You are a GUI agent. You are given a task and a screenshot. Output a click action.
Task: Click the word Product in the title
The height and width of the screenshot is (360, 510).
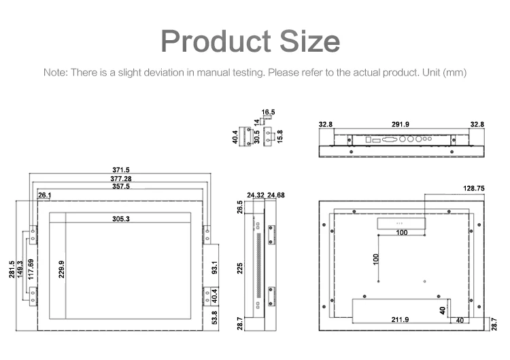tap(216, 41)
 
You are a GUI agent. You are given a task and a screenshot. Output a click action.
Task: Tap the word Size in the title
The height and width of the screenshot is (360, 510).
tap(310, 41)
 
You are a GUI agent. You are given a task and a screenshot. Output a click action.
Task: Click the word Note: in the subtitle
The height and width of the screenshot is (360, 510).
tap(56, 72)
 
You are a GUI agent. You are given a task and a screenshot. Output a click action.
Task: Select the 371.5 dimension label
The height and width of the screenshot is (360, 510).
tap(121, 170)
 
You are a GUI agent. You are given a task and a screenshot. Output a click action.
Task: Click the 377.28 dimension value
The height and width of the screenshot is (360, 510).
tap(121, 179)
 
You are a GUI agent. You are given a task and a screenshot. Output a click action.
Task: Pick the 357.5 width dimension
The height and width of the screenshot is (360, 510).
tap(121, 186)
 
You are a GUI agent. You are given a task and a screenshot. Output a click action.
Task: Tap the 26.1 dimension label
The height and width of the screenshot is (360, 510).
tap(45, 195)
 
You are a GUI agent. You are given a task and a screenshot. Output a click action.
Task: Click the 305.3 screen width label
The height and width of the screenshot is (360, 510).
tap(121, 218)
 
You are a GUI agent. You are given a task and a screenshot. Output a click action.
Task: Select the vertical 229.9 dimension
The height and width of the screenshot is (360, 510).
tap(61, 269)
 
